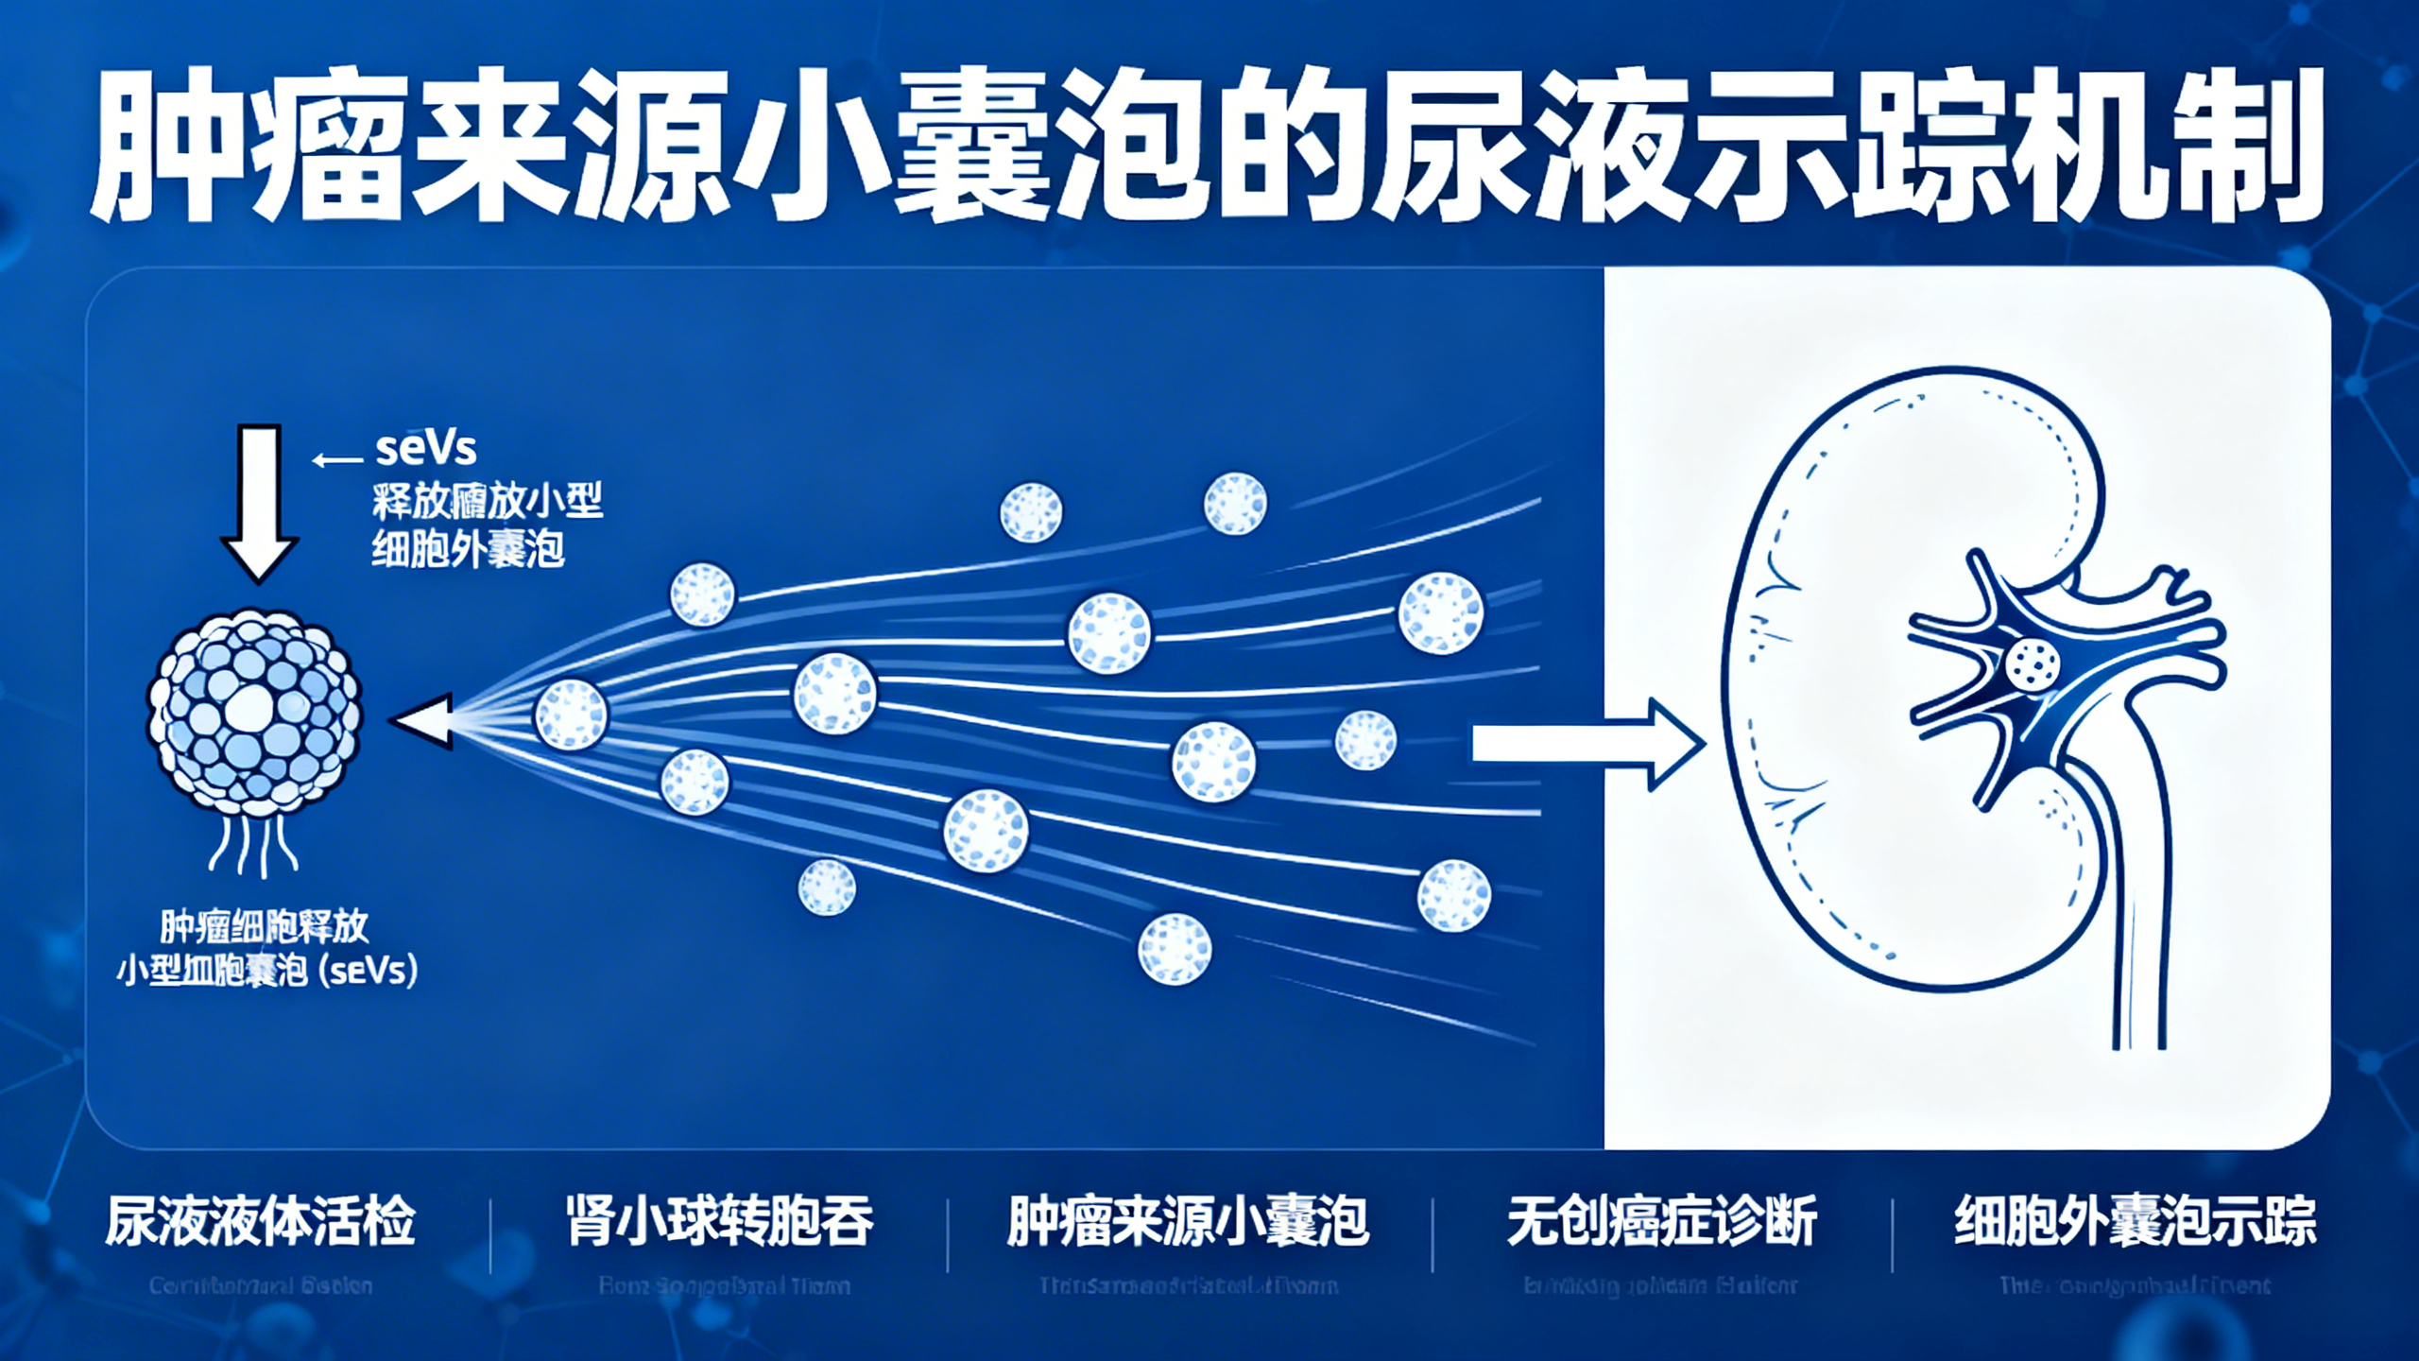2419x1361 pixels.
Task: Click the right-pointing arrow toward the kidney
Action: click(x=1587, y=745)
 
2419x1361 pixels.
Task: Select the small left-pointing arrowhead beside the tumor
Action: click(x=423, y=721)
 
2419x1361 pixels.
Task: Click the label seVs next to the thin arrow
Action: click(x=426, y=448)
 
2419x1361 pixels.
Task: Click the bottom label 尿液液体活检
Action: click(x=260, y=1221)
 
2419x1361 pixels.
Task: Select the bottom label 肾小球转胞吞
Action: click(x=720, y=1221)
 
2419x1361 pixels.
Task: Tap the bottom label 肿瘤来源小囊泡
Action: click(x=1188, y=1221)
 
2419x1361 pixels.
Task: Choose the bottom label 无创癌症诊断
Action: click(x=1662, y=1221)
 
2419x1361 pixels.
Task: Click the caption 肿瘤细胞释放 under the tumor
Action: click(x=265, y=926)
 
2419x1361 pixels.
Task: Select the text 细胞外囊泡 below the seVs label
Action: click(x=468, y=549)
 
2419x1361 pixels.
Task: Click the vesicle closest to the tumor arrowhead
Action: click(x=571, y=715)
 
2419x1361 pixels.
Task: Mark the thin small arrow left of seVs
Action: click(x=337, y=460)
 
